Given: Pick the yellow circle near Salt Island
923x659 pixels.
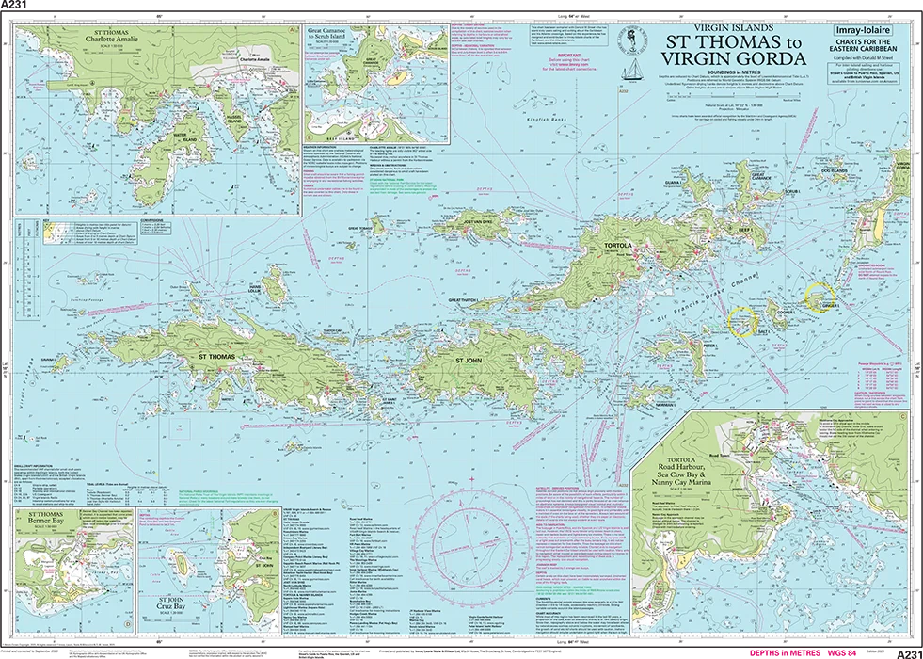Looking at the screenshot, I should (x=743, y=320).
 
